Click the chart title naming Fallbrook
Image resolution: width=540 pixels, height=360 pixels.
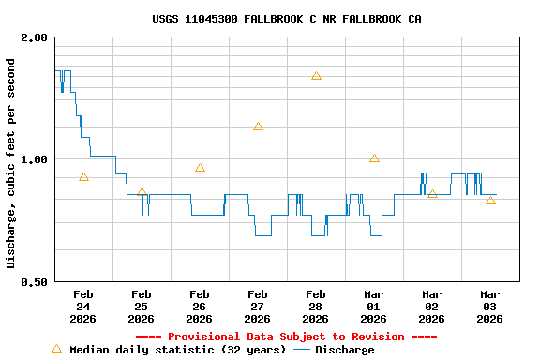pyautogui.click(x=286, y=19)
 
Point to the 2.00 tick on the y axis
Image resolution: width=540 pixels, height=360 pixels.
pyautogui.click(x=35, y=37)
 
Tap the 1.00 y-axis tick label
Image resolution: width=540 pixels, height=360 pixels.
pyautogui.click(x=35, y=159)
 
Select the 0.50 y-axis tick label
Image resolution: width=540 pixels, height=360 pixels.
pyautogui.click(x=35, y=282)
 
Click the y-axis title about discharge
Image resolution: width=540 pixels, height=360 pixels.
pyautogui.click(x=11, y=163)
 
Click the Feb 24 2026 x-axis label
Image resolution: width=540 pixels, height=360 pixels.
pyautogui.click(x=82, y=307)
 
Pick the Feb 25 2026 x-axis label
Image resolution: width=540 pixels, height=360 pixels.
pyautogui.click(x=141, y=307)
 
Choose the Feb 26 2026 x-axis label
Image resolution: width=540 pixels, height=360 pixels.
pyautogui.click(x=199, y=307)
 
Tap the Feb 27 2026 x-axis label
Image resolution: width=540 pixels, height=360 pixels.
pyautogui.click(x=257, y=307)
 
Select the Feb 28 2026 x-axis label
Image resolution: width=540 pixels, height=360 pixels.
pyautogui.click(x=315, y=307)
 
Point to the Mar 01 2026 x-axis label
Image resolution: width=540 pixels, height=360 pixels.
pyautogui.click(x=373, y=307)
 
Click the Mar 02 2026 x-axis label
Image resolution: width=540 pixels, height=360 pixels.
pyautogui.click(x=431, y=307)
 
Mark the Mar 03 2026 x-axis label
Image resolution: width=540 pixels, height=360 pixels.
pyautogui.click(x=489, y=307)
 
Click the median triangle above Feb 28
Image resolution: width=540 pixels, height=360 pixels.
pyautogui.click(x=316, y=76)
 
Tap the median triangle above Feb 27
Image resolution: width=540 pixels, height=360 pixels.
pyautogui.click(x=258, y=127)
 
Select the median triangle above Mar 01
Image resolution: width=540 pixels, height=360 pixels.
pyautogui.click(x=374, y=158)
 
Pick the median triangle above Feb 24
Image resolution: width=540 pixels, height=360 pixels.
pyautogui.click(x=83, y=177)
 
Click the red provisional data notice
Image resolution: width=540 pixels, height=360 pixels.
pyautogui.click(x=286, y=337)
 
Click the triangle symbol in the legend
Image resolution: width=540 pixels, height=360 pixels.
pyautogui.click(x=56, y=349)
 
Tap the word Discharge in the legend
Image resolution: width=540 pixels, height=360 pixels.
pyautogui.click(x=344, y=350)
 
